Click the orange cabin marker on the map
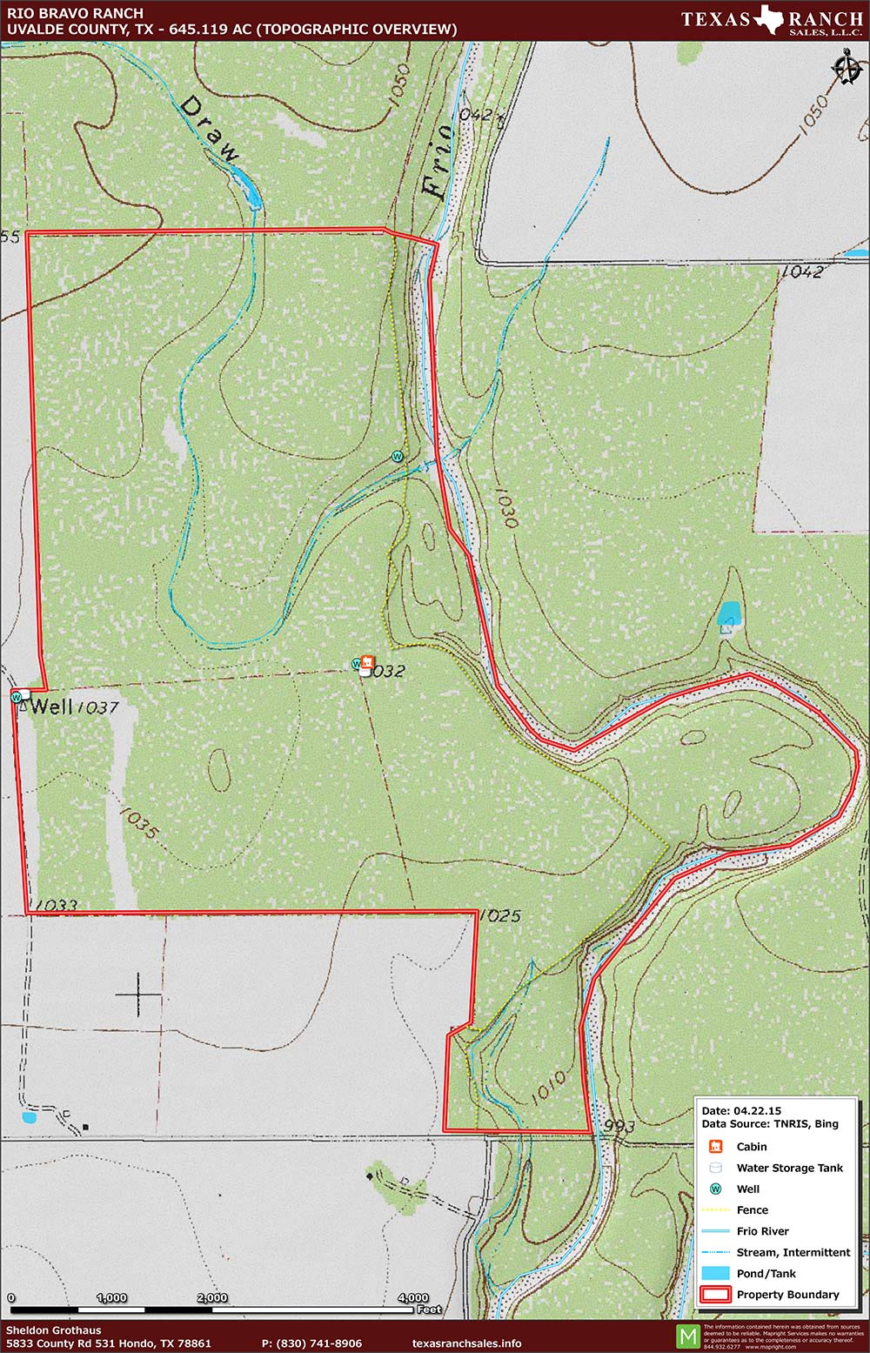tap(367, 663)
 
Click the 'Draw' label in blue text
tap(209, 129)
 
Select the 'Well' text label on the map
tap(51, 706)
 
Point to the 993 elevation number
tap(619, 1126)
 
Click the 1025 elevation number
tap(500, 915)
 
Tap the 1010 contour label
tap(547, 1087)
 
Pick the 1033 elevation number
tap(57, 905)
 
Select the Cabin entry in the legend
tap(751, 1147)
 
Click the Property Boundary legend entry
tap(787, 1295)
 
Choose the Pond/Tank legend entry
tap(766, 1274)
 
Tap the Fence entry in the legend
tap(752, 1210)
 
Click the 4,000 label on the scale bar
tap(413, 1297)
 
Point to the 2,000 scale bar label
tap(212, 1297)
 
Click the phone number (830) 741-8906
tap(311, 1343)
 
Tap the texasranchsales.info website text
tap(466, 1343)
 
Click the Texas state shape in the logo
tap(767, 18)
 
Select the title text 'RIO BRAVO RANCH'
tap(63, 14)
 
